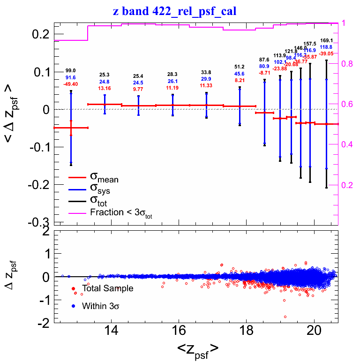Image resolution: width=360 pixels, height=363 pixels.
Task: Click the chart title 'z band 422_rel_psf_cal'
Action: coord(180,11)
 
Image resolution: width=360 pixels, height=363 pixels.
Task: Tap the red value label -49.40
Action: coord(71,84)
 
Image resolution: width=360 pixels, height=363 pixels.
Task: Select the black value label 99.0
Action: coord(71,70)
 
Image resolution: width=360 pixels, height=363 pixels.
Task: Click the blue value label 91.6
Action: coord(71,77)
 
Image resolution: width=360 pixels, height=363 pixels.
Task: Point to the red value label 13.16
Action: coord(105,88)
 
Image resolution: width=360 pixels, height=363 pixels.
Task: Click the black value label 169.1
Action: coord(326,40)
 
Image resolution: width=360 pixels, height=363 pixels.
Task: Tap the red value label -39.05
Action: coord(326,54)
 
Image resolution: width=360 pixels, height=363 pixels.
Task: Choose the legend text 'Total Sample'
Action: coord(107,288)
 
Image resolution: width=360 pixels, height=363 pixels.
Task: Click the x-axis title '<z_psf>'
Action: coord(197,349)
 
